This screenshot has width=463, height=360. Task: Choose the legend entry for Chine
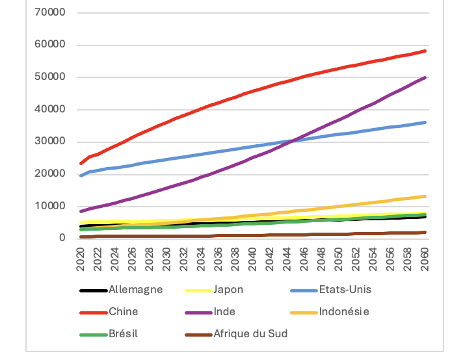pos(124,312)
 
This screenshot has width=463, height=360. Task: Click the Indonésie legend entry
pos(344,312)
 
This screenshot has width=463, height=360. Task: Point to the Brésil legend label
pos(124,334)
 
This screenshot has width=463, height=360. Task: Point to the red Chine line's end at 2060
pos(425,51)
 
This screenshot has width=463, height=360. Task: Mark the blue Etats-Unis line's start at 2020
pos(81,175)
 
